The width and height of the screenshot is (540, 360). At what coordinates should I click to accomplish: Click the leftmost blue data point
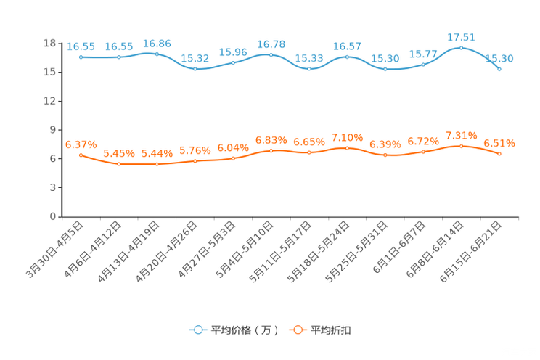[x=81, y=57]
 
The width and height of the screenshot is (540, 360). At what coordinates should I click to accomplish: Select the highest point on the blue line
[x=461, y=47]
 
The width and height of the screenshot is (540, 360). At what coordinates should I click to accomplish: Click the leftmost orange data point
[x=81, y=155]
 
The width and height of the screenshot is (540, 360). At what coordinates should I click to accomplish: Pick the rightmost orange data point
[x=499, y=154]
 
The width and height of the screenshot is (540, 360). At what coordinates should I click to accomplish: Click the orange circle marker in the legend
[x=297, y=330]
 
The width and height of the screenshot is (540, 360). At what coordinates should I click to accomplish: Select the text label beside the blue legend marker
[x=244, y=330]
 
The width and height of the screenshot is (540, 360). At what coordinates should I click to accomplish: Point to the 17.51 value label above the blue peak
[x=461, y=36]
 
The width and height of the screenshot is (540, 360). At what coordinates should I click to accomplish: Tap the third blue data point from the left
[x=157, y=54]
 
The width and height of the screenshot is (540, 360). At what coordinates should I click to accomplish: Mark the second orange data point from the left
[x=119, y=164]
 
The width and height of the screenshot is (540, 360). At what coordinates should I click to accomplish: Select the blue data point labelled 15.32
[x=195, y=69]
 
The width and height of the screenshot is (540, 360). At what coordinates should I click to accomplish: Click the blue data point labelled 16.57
[x=347, y=56]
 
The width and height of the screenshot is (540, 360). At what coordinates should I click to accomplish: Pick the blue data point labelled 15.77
[x=423, y=65]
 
